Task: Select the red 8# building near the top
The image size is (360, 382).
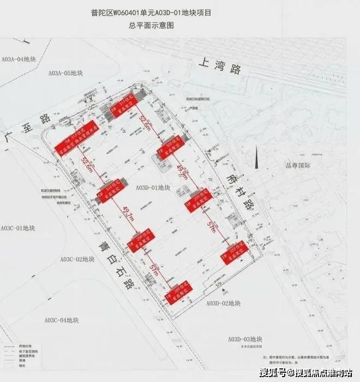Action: (x=124, y=110)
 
